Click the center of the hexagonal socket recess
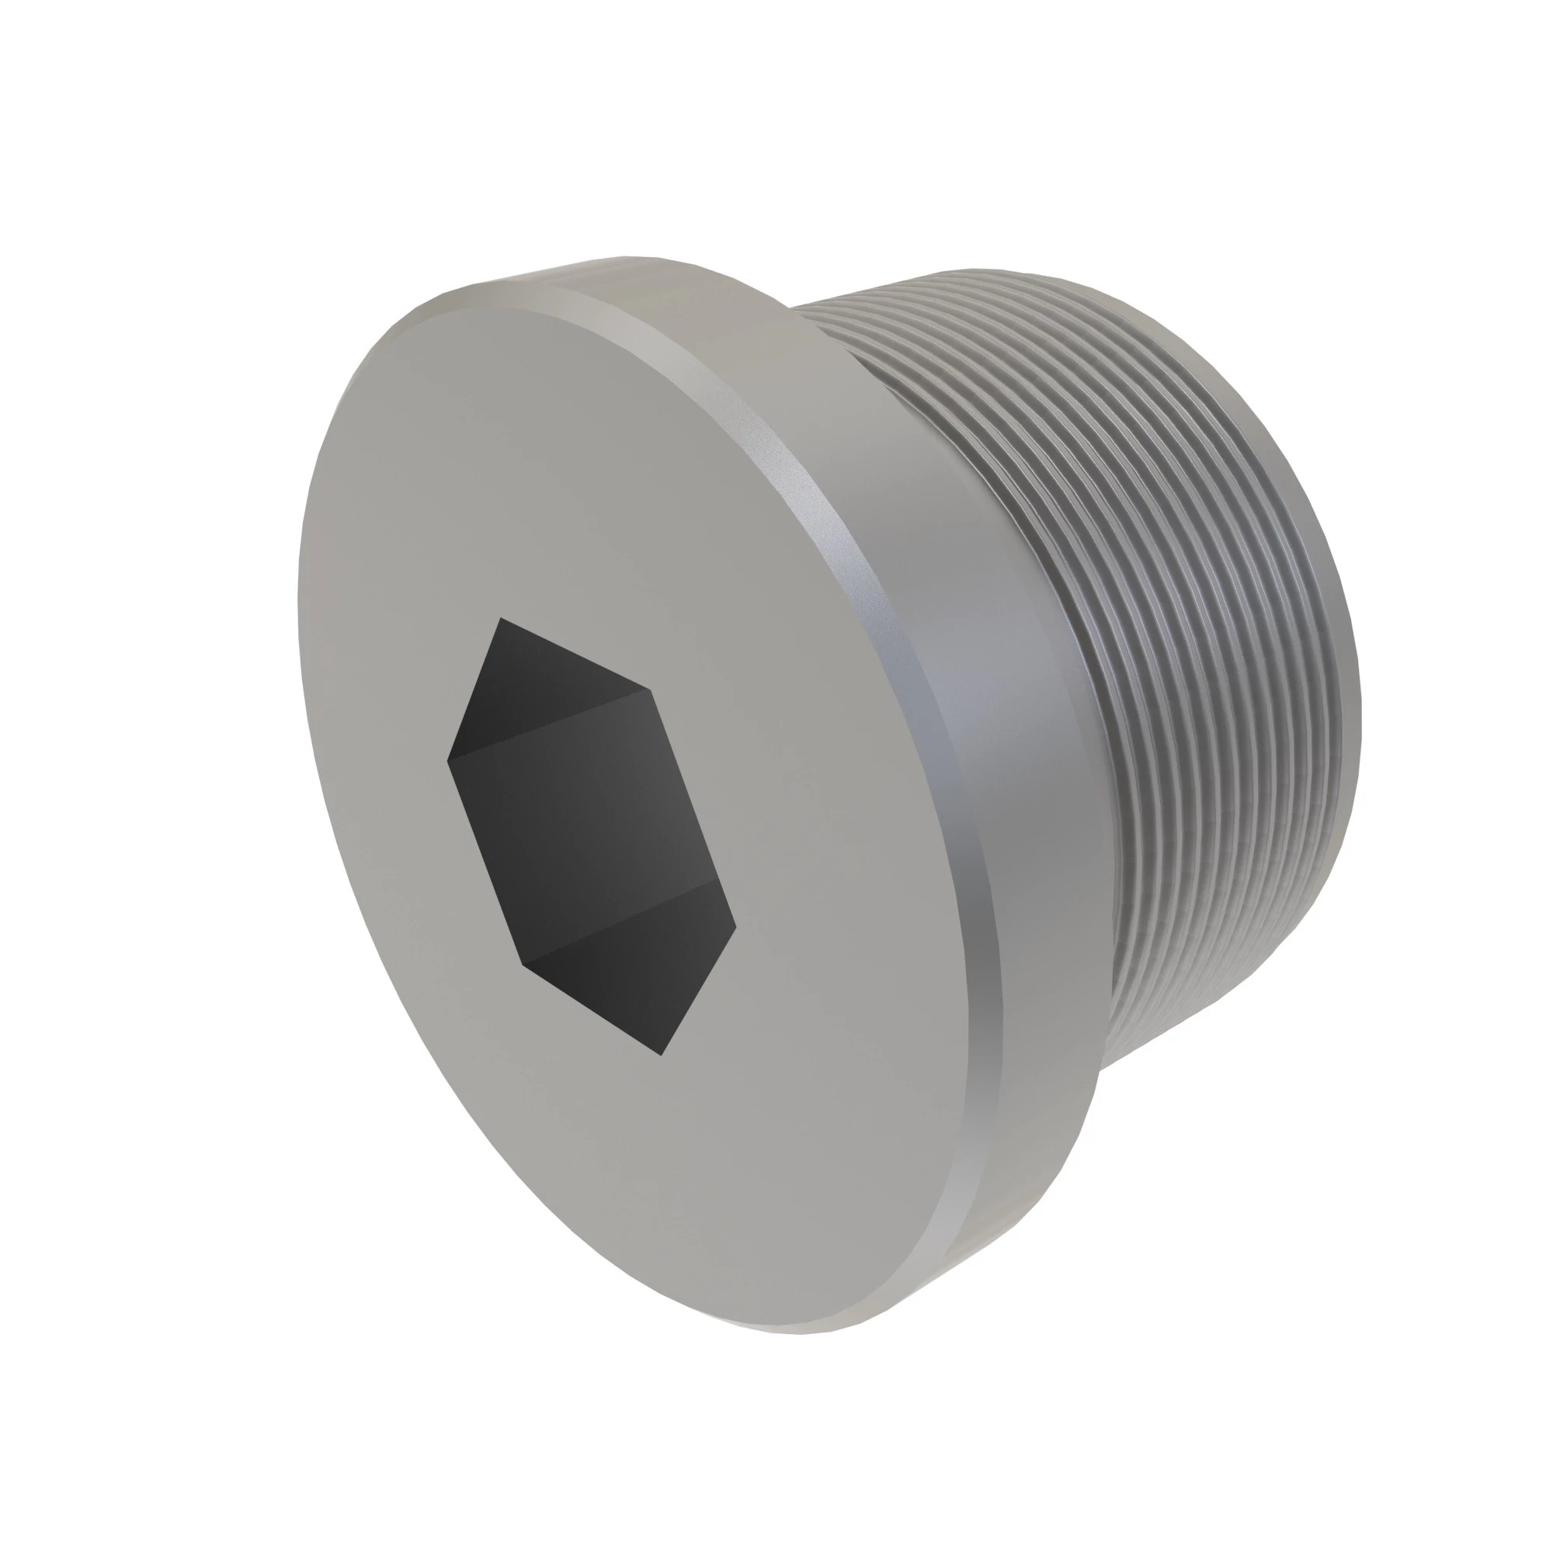pyautogui.click(x=591, y=836)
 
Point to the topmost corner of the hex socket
pyautogui.click(x=500, y=618)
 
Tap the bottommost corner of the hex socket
pyautogui.click(x=661, y=1055)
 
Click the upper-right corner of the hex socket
pyautogui.click(x=649, y=690)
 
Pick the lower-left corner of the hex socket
pyautogui.click(x=523, y=963)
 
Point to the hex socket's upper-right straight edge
pyautogui.click(x=575, y=654)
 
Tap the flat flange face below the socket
pyautogui.click(x=724, y=1206)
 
